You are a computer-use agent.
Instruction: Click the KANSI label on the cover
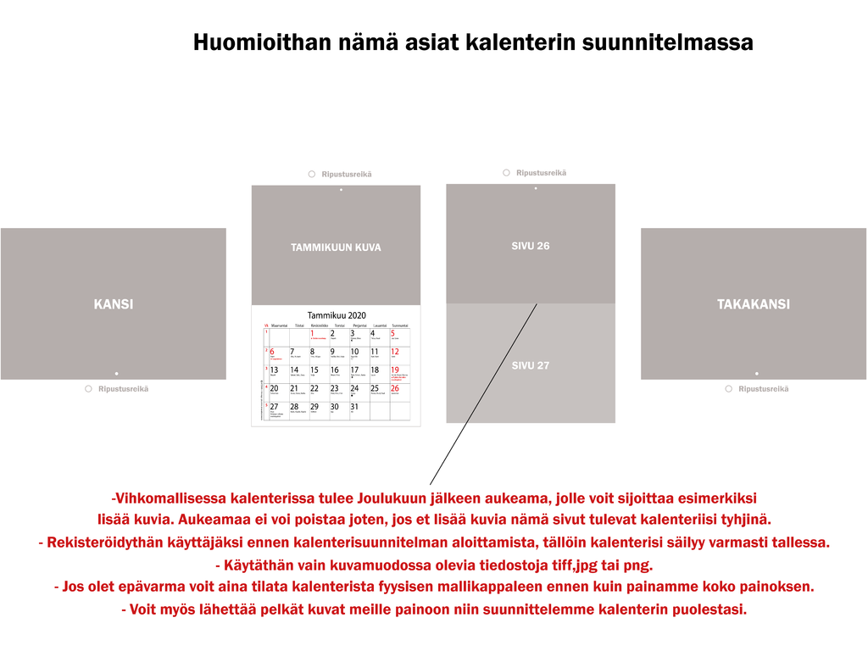click(x=113, y=304)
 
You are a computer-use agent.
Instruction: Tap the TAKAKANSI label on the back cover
click(x=753, y=304)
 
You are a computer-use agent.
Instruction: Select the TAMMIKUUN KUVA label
click(x=336, y=248)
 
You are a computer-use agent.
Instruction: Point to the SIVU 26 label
click(x=531, y=246)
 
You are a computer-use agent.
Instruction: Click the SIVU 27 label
click(x=531, y=365)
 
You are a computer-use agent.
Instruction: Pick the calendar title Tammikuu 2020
click(x=337, y=315)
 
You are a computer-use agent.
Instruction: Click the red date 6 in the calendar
click(x=273, y=352)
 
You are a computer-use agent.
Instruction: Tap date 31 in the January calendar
click(x=354, y=407)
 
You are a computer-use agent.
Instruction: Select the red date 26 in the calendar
click(x=395, y=388)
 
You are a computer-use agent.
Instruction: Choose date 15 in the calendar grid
click(x=314, y=370)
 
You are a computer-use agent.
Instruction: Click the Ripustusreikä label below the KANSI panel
click(x=123, y=389)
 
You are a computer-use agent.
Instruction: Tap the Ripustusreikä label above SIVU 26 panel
click(x=541, y=173)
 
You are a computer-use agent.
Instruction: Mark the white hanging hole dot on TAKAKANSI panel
click(x=756, y=373)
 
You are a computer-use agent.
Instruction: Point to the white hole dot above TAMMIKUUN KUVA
click(x=341, y=190)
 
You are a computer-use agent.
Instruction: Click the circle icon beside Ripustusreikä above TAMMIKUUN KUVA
click(x=312, y=175)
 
